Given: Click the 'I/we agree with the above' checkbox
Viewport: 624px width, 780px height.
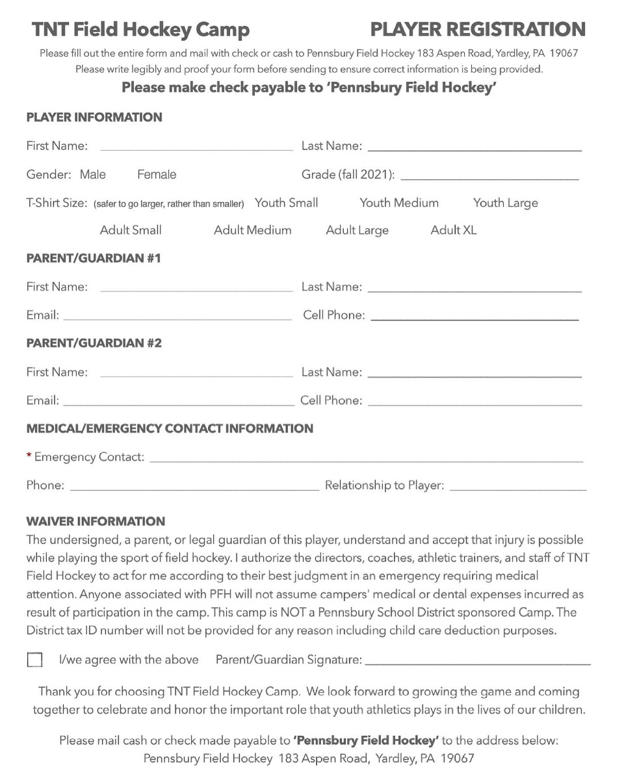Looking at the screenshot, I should (x=34, y=660).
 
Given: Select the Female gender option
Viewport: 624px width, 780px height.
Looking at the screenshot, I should (x=157, y=175).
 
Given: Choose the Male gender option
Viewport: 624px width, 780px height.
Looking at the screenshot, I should (x=93, y=175).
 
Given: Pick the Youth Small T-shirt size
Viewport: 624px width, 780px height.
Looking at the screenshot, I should (x=287, y=203).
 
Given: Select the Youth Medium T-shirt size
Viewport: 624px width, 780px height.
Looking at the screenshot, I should (x=399, y=203).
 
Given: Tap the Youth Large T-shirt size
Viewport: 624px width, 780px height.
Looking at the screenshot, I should (x=506, y=203).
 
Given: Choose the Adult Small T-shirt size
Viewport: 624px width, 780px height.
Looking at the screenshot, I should (x=131, y=230).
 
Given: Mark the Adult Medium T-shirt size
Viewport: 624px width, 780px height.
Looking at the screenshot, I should (x=253, y=230).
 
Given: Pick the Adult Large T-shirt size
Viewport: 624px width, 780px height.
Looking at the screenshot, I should (x=357, y=230).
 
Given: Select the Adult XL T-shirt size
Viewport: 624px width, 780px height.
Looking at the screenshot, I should (x=454, y=230).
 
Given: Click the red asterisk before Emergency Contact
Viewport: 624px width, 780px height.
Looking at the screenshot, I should (x=29, y=456).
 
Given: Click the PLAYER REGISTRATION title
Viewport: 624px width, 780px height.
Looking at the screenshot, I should (x=478, y=30).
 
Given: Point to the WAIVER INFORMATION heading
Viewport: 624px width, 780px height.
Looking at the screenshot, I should (x=96, y=521).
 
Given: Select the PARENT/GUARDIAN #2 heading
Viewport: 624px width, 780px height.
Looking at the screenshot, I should (x=94, y=343).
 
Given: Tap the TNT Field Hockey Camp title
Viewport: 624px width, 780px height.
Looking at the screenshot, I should (x=141, y=30).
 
